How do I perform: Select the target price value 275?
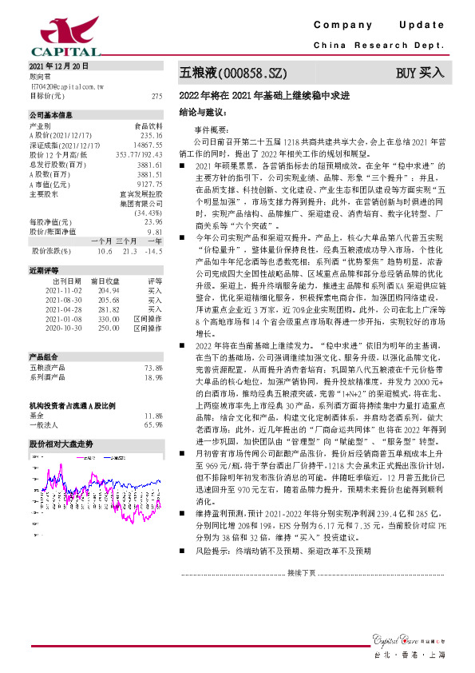[156, 95]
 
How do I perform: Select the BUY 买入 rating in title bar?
[420, 73]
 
